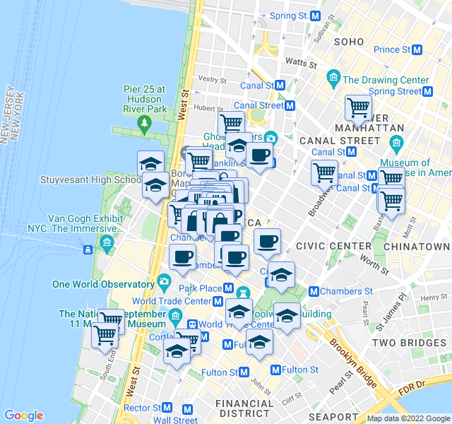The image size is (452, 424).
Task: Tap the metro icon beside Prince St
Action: (417, 49)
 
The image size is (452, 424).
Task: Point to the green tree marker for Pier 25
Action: (145, 124)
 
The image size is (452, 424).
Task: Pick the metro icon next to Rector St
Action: (167, 408)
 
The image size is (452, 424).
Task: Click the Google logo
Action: (23, 416)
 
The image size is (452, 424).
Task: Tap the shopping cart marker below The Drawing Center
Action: (358, 108)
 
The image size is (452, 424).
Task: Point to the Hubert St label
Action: (208, 108)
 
